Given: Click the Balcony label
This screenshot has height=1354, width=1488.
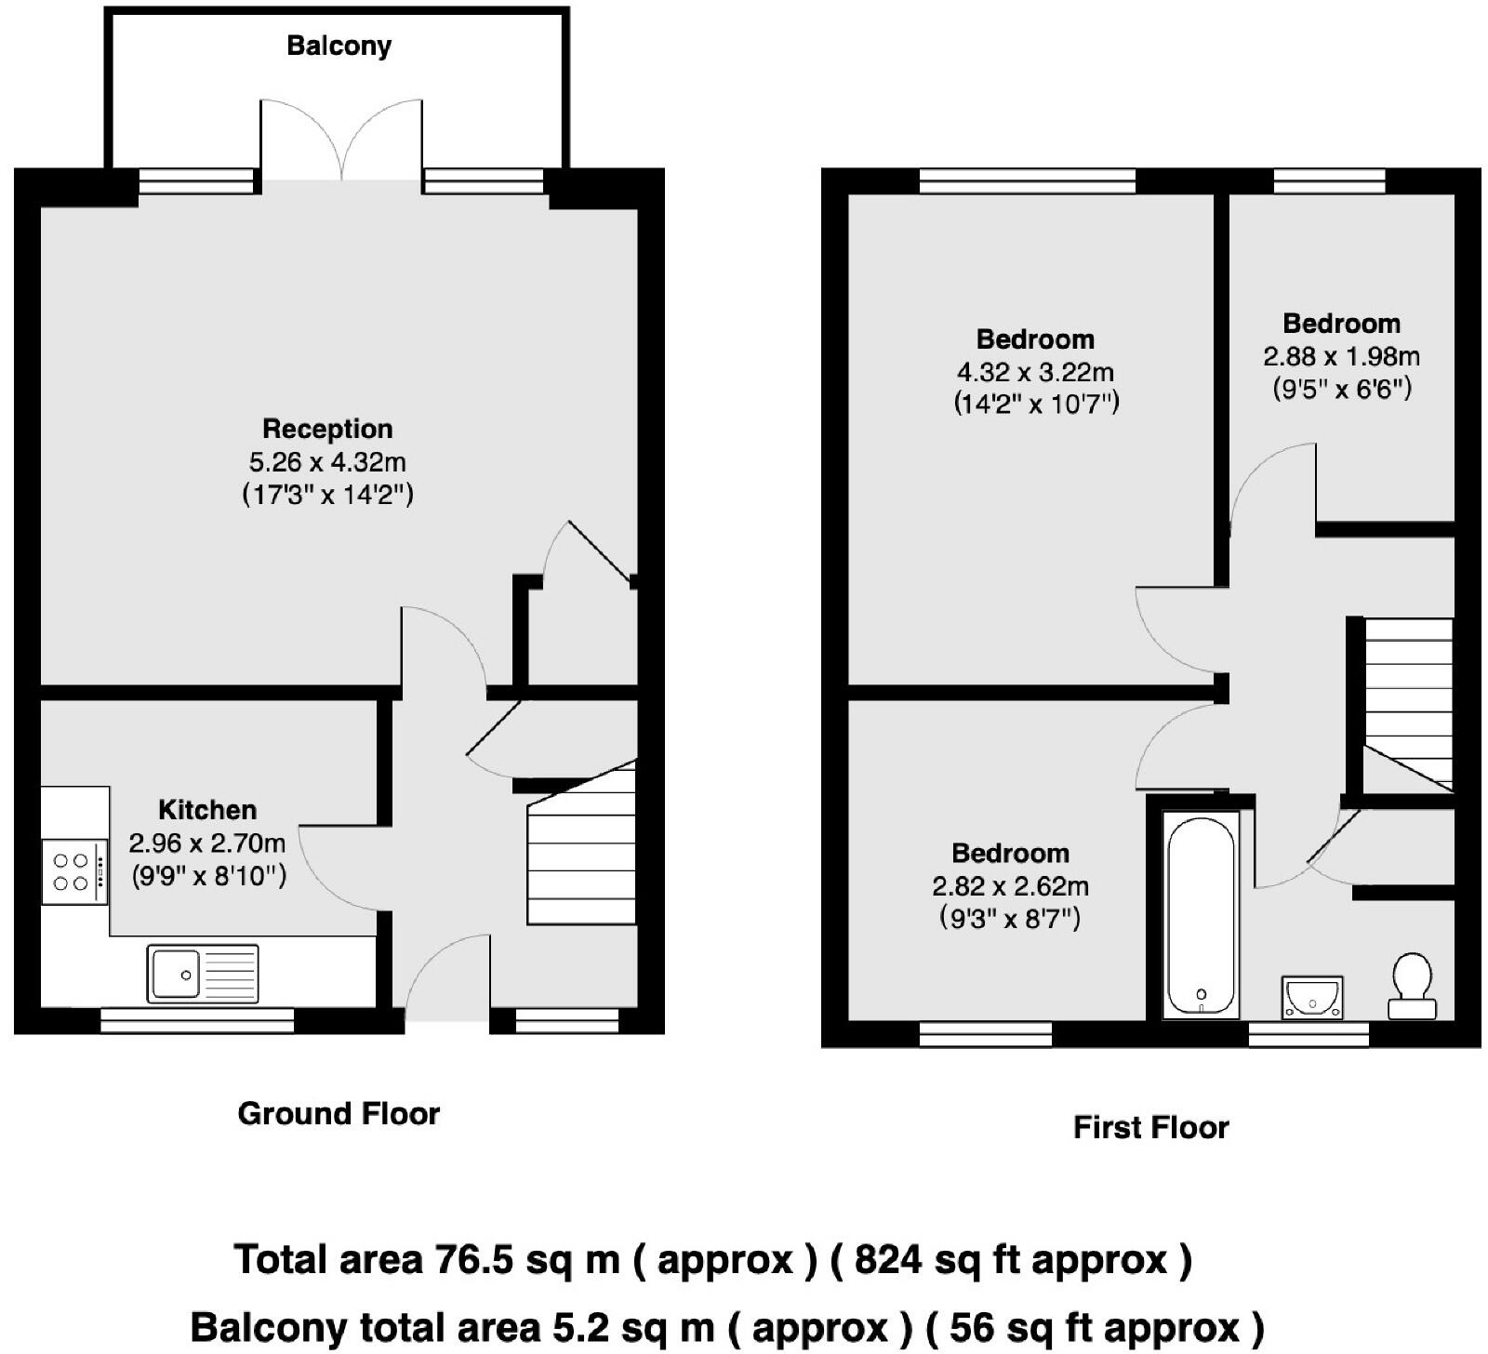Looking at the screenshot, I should coord(339,46).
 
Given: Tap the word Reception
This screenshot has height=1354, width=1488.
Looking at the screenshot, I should coord(327,429).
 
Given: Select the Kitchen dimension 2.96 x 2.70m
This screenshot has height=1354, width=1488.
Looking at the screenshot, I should coord(206,843).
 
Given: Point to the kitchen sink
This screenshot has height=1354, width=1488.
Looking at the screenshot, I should coord(203,974).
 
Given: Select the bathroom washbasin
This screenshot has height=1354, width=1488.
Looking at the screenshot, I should coord(1311,998).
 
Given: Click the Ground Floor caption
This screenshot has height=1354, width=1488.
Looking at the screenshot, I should coord(339,1113).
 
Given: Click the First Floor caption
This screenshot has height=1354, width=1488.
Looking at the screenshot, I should coord(1150,1127).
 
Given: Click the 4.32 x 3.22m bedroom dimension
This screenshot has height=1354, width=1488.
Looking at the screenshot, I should coord(1035,372).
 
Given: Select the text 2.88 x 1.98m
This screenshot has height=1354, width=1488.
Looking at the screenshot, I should coord(1341,356).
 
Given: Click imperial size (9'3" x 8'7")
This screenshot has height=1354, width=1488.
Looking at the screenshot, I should coord(1010,919).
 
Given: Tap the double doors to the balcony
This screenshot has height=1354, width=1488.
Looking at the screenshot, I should coord(341,139).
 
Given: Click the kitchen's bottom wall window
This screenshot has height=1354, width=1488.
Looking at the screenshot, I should coord(197,1022).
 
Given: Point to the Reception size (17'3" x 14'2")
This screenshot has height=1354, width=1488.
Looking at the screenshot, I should coord(327,494).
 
